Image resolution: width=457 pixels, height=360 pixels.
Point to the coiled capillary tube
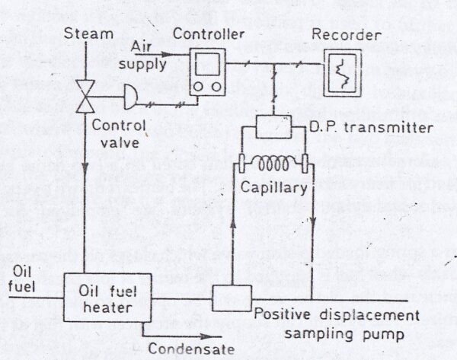[270, 164]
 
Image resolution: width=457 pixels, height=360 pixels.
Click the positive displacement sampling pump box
[229, 298]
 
